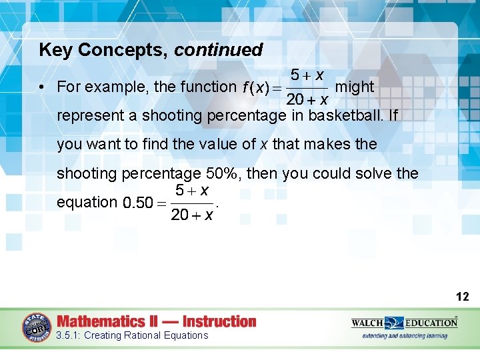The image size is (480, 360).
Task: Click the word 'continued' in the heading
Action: pos(219,50)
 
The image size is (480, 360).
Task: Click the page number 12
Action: pos(463,297)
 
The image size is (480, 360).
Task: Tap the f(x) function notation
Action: pos(255,87)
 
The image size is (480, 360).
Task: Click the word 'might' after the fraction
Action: pos(355,87)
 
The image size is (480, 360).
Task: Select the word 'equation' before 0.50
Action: pos(87,202)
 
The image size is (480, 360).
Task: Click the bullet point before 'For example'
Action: pos(42,87)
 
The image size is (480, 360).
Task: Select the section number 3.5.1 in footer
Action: pos(69,335)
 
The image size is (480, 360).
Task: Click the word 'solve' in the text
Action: pos(377,174)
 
